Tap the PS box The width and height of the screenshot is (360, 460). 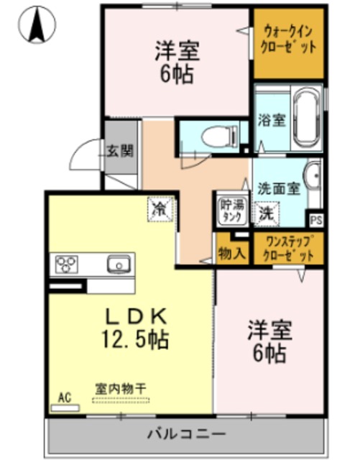[x=316, y=220]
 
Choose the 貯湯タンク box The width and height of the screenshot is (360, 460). [x=231, y=211]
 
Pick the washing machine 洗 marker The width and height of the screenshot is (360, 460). [x=265, y=213]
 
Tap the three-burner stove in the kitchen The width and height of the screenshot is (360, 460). [x=67, y=264]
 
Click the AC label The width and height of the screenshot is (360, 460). [x=64, y=396]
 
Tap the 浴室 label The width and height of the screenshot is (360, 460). [x=271, y=119]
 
